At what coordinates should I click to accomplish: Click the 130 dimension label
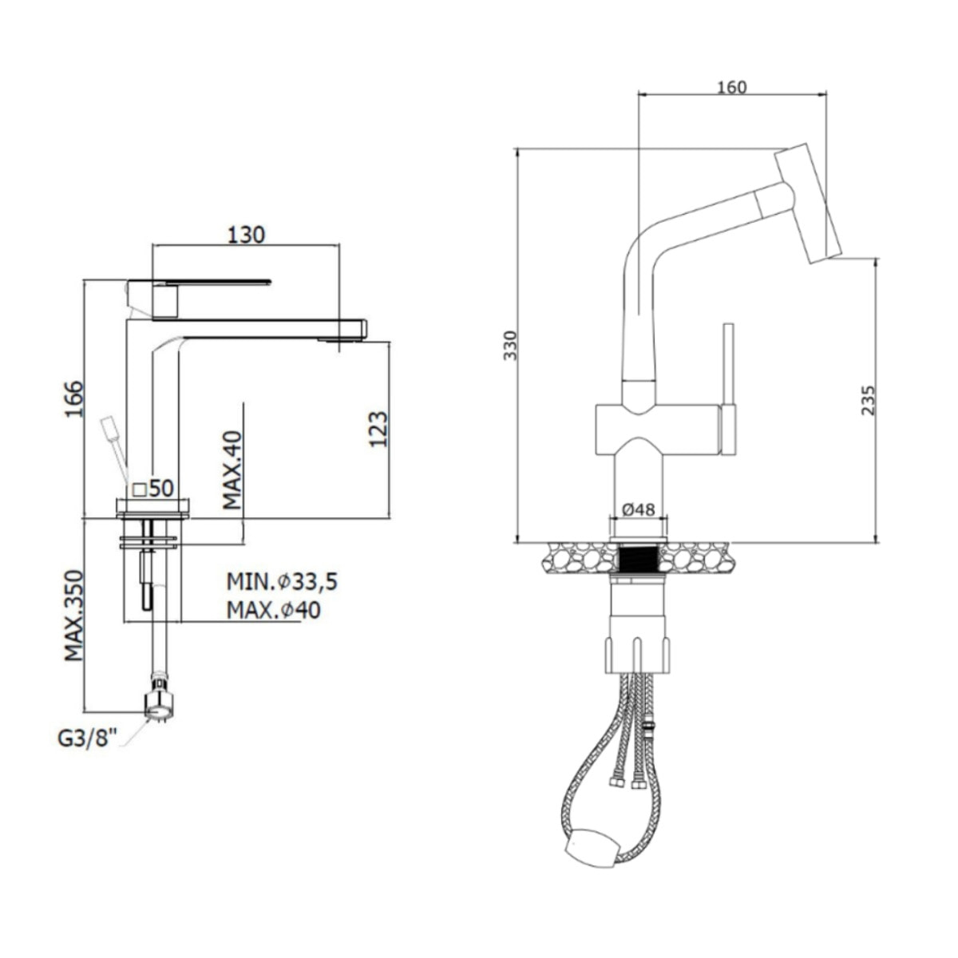pos(246,235)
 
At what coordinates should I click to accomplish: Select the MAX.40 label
pos(232,470)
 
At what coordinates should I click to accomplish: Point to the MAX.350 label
pos(73,616)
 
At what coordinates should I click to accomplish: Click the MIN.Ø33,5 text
pos(282,581)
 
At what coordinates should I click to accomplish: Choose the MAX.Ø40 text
pos(274,611)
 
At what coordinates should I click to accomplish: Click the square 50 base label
pos(153,489)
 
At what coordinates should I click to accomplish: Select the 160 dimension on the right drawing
pos(732,87)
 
